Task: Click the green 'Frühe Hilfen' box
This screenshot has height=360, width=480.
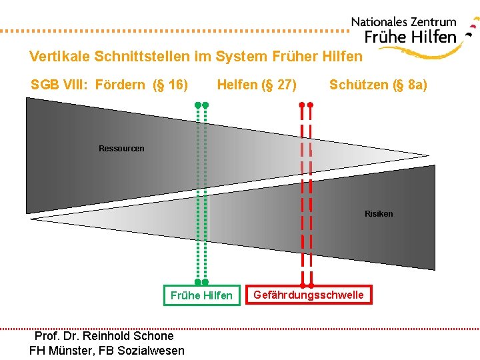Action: pos(201,295)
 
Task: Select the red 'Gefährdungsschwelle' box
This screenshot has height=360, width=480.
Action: pos(309,294)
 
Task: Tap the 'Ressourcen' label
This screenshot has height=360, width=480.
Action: pos(121,149)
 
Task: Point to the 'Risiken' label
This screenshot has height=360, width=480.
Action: pos(379,214)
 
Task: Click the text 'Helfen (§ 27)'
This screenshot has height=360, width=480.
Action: pos(257,85)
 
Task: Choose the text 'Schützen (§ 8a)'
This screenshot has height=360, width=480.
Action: pos(378,85)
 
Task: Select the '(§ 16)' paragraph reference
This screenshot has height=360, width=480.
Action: pos(170,85)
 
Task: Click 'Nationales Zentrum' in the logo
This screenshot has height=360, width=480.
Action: pos(404,23)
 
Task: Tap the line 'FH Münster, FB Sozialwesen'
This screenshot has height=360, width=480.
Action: pos(107,350)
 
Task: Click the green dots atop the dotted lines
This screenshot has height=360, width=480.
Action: pos(201,105)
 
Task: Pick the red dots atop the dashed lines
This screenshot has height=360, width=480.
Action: pos(306,105)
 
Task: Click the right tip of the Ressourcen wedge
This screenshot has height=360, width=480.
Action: pos(427,157)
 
